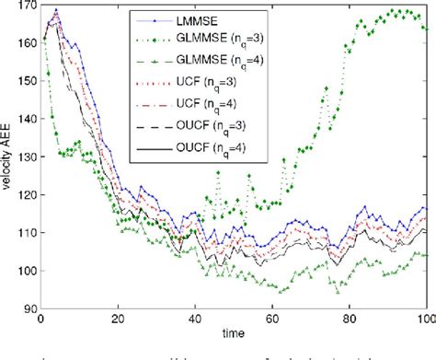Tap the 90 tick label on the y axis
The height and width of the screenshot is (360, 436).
click(x=28, y=308)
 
